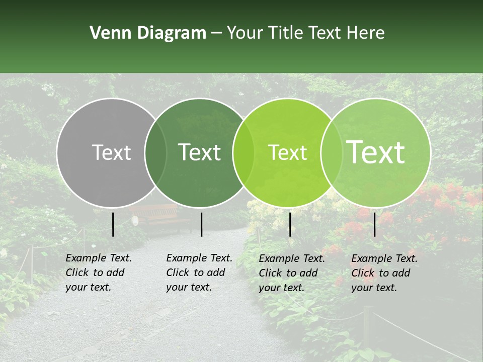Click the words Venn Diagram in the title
tap(148, 33)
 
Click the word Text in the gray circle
tap(111, 152)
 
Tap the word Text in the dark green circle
tap(199, 152)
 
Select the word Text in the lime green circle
tap(287, 152)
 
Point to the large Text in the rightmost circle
tap(376, 152)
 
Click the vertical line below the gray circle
tap(113, 224)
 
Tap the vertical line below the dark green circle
tap(201, 224)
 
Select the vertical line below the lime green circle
tap(290, 224)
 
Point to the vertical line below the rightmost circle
tap(375, 224)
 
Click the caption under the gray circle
tap(99, 273)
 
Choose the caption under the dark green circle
tap(199, 273)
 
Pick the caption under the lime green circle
tap(292, 273)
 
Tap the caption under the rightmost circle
tap(384, 273)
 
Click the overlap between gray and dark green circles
tap(155, 152)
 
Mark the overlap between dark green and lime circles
tap(244, 152)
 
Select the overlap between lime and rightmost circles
tap(331, 152)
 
